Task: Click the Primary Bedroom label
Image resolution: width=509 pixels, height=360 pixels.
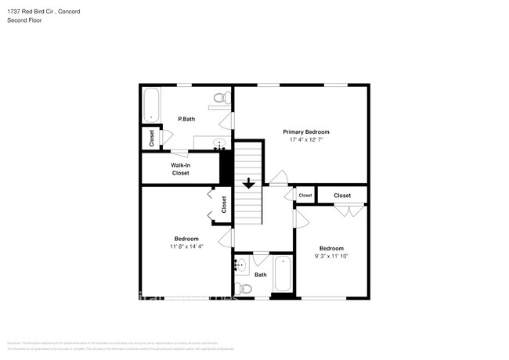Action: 306,131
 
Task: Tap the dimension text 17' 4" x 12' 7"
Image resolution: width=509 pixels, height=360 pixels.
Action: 306,140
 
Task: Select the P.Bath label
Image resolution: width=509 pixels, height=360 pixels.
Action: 186,119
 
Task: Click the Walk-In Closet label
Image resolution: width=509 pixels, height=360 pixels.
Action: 181,169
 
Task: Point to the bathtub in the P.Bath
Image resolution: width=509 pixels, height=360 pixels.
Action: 151,104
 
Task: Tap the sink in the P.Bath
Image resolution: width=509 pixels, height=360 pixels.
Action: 219,143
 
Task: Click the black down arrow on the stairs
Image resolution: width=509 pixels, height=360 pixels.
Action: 248,184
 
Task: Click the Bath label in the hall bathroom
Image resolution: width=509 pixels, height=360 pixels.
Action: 261,275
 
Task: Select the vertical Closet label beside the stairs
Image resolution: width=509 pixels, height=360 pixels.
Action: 224,205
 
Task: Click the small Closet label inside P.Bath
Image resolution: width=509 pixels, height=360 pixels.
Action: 151,138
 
